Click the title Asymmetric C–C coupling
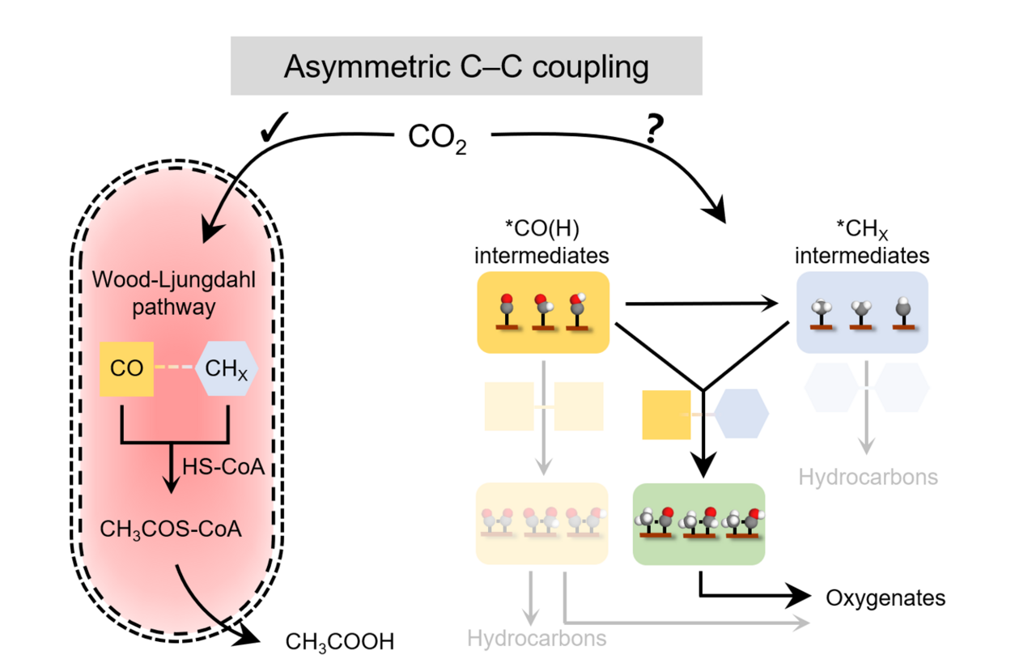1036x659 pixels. coord(466,66)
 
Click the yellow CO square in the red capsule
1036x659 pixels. coord(126,368)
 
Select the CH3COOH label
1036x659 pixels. coord(340,643)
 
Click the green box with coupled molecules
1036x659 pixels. coord(698,524)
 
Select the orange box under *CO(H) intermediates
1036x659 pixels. coord(542,312)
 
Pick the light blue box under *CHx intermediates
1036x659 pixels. coord(861,312)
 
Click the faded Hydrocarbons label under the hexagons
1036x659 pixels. coord(868,477)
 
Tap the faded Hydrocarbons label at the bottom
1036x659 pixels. coord(536,638)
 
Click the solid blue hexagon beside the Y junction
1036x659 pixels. coord(741,414)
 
